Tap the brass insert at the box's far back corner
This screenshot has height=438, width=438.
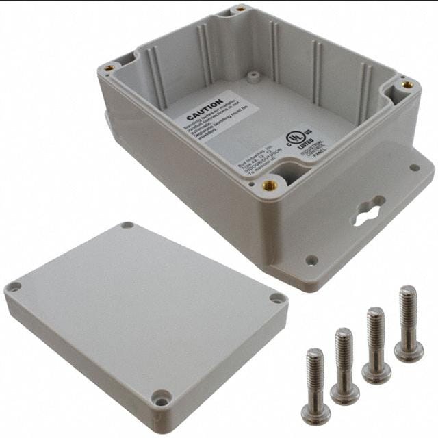(240, 10)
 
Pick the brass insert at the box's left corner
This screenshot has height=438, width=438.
(109, 68)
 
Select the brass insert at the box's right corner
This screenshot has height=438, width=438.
(407, 85)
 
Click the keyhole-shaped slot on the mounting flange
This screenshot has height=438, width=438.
(367, 211)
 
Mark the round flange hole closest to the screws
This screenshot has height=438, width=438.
(311, 259)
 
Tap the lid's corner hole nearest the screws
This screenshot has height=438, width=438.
(276, 298)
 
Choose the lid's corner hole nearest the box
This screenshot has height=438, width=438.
(127, 225)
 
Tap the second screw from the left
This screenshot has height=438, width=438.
(344, 367)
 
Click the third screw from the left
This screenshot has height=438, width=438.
(376, 346)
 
